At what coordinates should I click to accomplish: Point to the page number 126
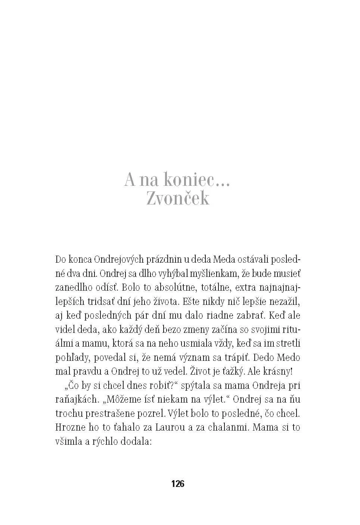178,484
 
